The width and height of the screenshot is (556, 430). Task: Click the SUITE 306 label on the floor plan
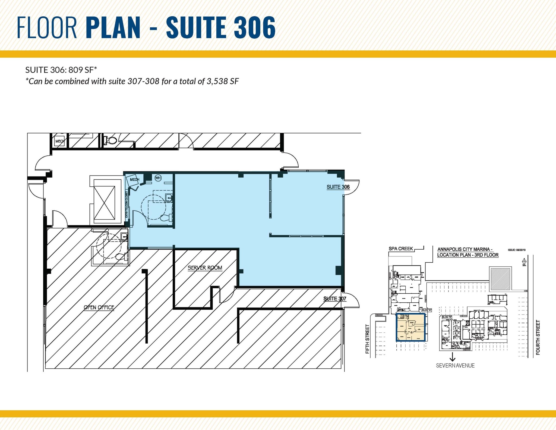coord(338,187)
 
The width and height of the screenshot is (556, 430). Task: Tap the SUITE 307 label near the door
coord(335,299)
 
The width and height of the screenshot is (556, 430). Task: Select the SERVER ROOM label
coord(205,268)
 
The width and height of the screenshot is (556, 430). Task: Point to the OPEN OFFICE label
coord(99,307)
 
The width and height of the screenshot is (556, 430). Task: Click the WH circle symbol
coord(158,178)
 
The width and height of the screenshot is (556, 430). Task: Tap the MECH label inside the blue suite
coord(134,180)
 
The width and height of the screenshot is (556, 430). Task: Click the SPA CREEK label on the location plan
coord(401,249)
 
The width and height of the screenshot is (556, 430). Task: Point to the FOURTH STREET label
coord(538,337)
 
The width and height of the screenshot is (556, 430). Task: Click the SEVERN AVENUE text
coord(455,366)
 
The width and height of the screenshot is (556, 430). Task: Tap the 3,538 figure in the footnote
coord(218,81)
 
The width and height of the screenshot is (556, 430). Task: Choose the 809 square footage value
coord(75,70)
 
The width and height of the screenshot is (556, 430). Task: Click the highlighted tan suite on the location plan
coord(410,328)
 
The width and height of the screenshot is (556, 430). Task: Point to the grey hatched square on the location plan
coord(501,279)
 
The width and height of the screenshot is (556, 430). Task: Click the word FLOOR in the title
coord(47,27)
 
